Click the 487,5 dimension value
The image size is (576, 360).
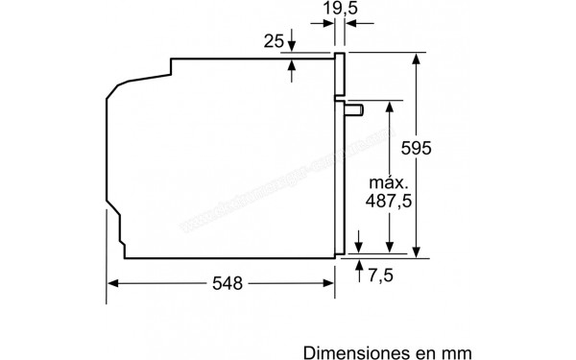pos(390,203)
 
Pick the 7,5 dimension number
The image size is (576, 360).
pos(382,276)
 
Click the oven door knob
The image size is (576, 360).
pos(357,110)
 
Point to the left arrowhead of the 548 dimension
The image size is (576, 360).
pos(111,283)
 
